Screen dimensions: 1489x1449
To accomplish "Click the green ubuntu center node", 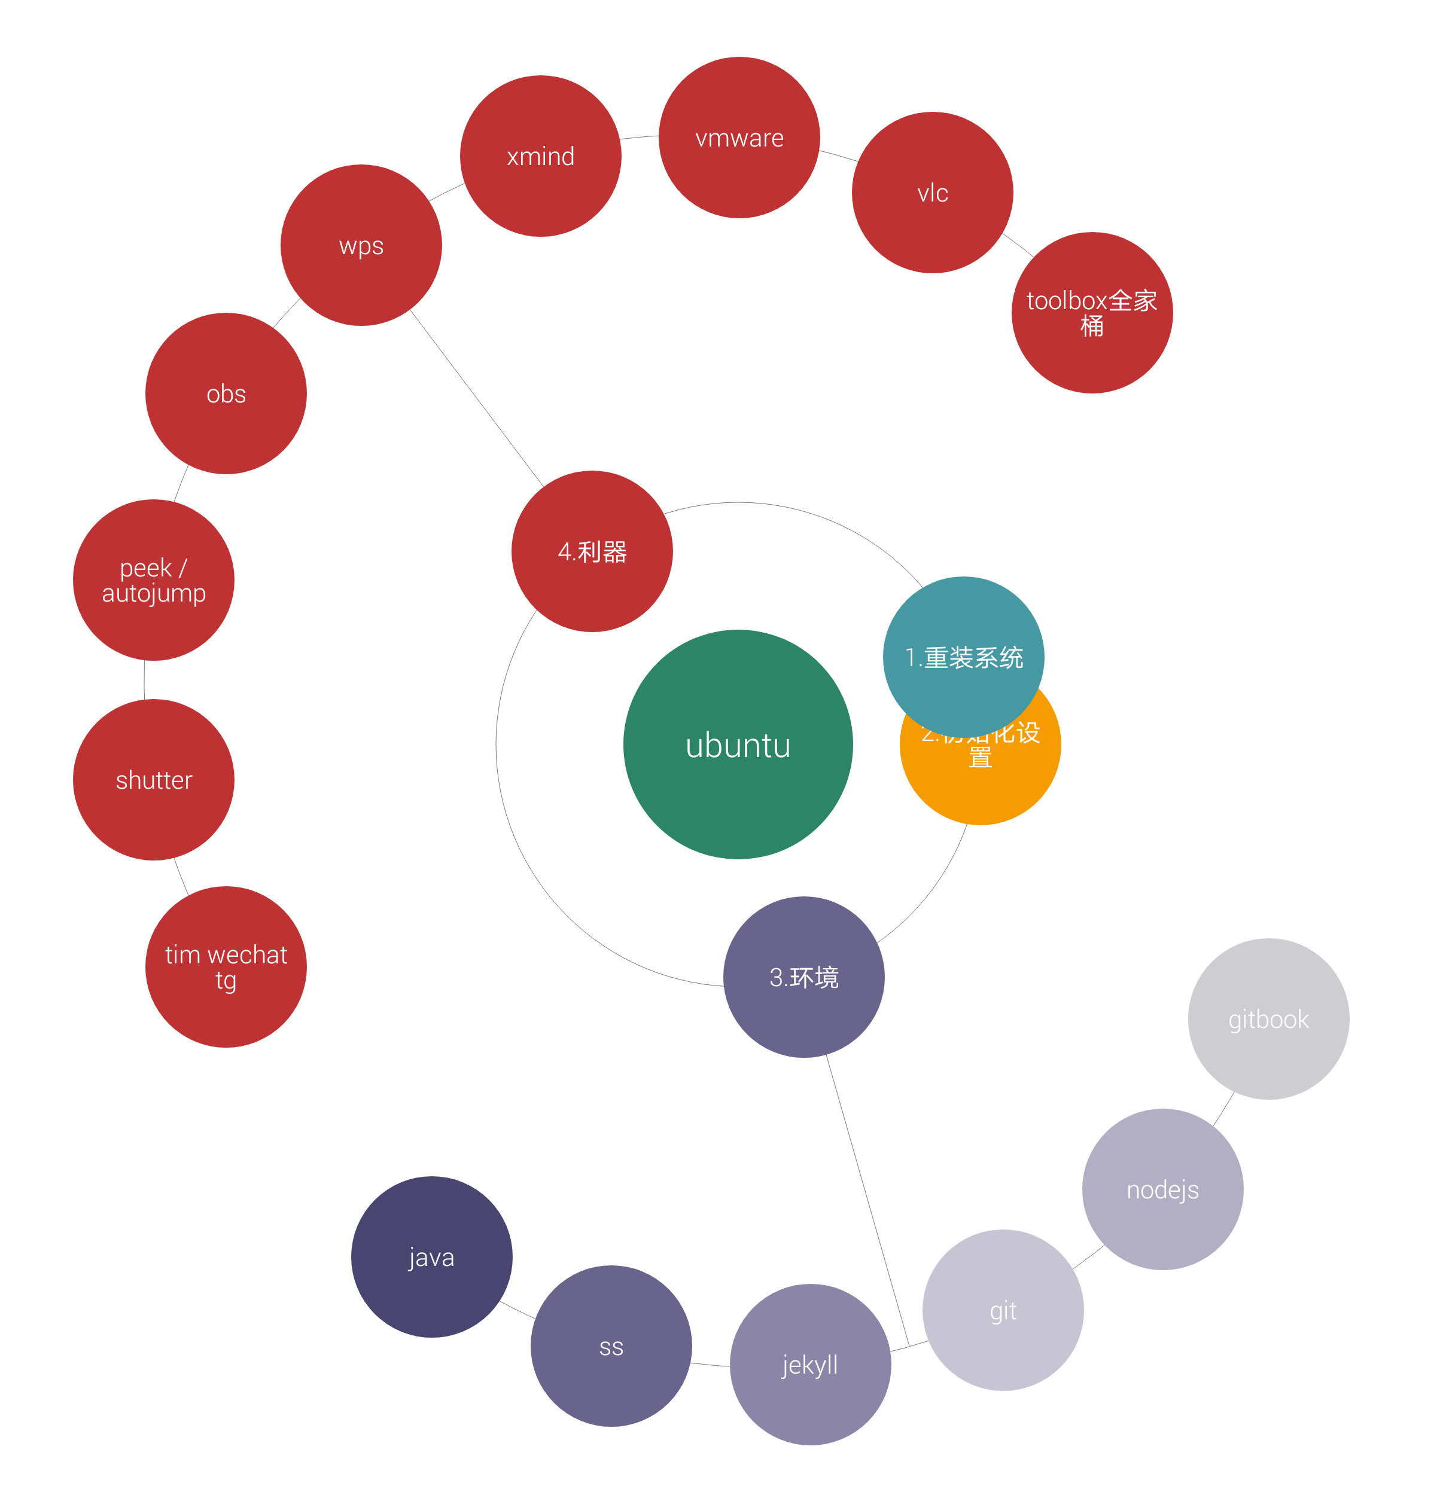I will [738, 744].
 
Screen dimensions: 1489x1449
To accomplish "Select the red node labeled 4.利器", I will [592, 551].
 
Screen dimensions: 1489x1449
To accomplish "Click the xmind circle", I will [540, 156].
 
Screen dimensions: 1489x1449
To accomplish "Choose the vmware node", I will [739, 138].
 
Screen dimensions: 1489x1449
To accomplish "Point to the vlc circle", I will [932, 193].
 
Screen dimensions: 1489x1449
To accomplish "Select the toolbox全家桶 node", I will [1092, 313].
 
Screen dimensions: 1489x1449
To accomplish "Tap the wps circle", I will [361, 245].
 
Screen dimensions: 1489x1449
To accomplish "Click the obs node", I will [226, 393].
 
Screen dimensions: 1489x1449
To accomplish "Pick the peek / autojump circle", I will [154, 580].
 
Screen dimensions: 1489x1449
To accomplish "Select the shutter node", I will [154, 779].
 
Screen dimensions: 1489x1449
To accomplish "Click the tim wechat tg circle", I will [226, 966].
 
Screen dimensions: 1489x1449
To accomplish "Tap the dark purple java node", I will [431, 1257].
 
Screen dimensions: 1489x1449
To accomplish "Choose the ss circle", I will [611, 1346].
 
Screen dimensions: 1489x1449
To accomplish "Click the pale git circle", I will [1003, 1310].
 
